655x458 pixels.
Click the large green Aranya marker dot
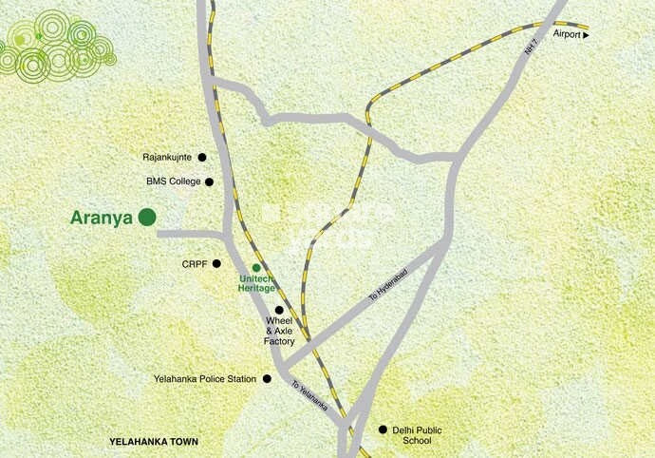point(146,218)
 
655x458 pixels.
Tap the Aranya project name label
point(102,218)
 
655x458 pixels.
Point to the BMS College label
point(173,181)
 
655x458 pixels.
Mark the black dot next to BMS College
point(209,181)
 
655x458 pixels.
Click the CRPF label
point(194,264)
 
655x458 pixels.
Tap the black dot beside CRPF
point(216,264)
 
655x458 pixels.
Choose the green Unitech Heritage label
point(255,282)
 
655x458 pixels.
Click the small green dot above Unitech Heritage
point(256,268)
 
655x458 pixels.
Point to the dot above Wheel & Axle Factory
point(279,311)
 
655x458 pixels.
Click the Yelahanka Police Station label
point(205,379)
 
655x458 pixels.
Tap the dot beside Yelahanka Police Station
point(267,379)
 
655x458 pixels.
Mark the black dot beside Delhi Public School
point(384,429)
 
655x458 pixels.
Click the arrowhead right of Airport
point(586,34)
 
